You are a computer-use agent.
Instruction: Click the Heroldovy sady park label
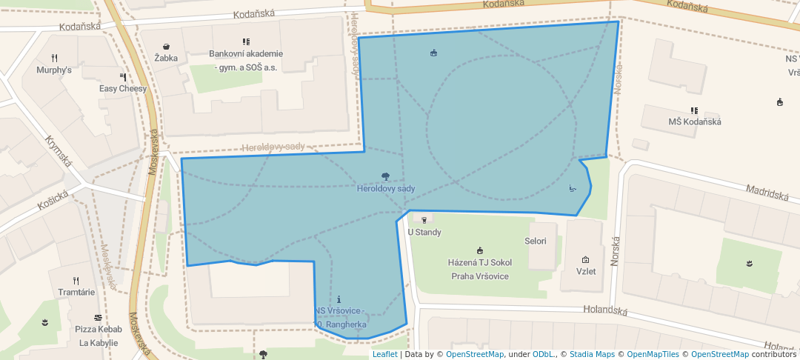[385, 189]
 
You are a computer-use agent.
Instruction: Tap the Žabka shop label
[166, 58]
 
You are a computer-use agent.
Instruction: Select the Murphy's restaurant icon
[54, 58]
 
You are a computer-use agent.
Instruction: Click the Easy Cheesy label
[123, 89]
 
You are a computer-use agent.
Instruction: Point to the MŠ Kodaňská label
[694, 121]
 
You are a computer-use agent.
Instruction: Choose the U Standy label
[424, 233]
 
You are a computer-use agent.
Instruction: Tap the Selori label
[535, 241]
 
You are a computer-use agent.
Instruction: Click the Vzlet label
[586, 271]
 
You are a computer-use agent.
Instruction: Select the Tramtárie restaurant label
[76, 292]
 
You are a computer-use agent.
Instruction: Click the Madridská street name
[767, 193]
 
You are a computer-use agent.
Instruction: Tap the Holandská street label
[605, 311]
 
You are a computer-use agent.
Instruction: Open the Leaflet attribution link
[384, 354]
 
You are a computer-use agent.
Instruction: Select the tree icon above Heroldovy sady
[385, 176]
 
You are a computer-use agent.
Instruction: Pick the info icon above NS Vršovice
[339, 299]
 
